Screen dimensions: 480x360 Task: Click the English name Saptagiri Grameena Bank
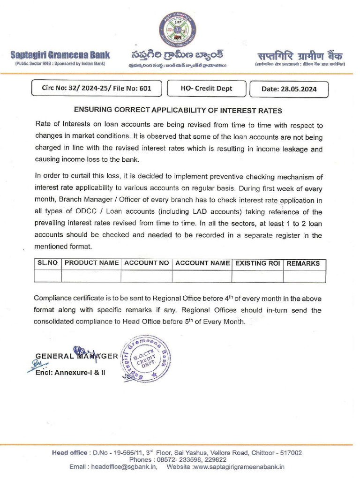(x=60, y=55)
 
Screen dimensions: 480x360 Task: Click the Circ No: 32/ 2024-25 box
(x=97, y=89)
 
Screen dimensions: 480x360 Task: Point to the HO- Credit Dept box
(x=206, y=89)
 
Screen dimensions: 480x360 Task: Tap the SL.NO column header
(x=48, y=263)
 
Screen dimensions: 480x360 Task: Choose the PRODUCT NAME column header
(x=91, y=263)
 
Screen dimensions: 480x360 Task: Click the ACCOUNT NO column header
(x=146, y=263)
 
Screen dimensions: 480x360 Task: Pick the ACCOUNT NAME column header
(x=202, y=263)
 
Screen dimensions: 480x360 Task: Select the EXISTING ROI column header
(x=257, y=263)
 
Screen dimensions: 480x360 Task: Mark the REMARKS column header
(x=303, y=263)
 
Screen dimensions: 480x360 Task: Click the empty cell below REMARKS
(x=304, y=276)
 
